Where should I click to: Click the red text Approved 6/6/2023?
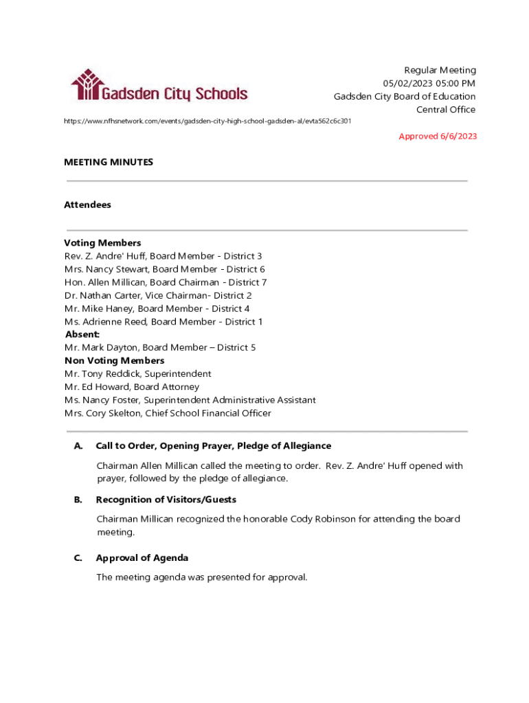[438, 136]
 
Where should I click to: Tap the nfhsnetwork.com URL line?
[207, 121]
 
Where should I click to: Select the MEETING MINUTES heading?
[109, 162]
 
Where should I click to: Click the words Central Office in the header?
[446, 109]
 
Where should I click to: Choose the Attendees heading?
[87, 205]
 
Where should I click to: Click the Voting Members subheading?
[102, 243]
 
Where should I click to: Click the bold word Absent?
[82, 334]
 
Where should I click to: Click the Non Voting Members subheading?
[114, 360]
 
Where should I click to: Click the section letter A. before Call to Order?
[78, 446]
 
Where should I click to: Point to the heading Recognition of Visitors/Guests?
[166, 499]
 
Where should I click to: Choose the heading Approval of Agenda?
[142, 557]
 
